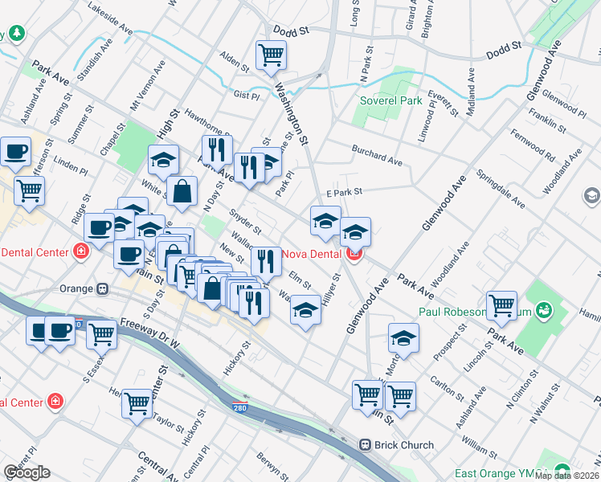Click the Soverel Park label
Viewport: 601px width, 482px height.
390,101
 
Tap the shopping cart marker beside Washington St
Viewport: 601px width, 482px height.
272,55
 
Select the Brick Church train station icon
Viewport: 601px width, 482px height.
365,444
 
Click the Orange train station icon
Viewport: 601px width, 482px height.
103,288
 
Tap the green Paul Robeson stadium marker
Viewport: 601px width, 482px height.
545,310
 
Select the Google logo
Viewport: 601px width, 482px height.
27,472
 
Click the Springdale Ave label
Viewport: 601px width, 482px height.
500,188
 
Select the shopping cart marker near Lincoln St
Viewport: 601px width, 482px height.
501,304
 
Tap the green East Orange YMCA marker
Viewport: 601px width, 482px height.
561,472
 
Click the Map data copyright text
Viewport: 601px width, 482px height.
566,476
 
